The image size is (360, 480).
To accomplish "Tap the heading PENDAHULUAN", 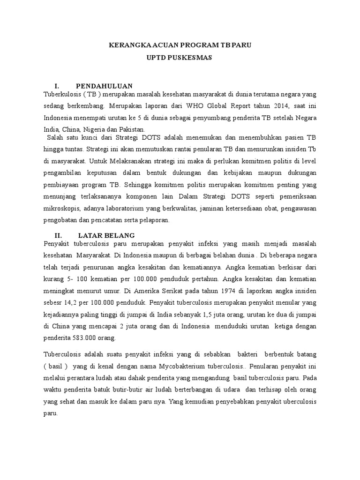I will (x=104, y=86).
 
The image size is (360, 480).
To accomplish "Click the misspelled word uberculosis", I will (x=298, y=402).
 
